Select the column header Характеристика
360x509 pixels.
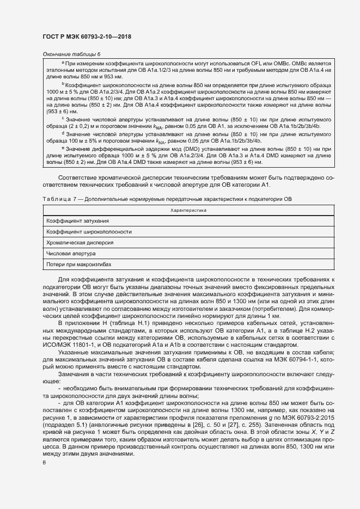pos(188,210)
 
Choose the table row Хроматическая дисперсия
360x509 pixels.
pos(80,242)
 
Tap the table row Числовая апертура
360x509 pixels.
pos(71,253)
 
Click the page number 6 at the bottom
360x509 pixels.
pos(45,463)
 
